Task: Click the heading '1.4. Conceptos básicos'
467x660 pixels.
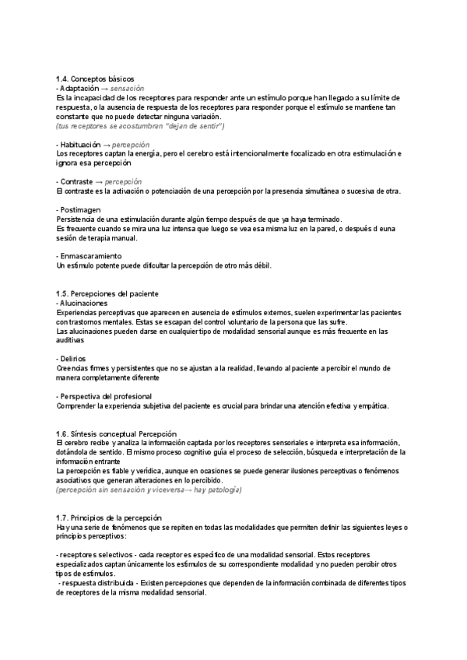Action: point(95,79)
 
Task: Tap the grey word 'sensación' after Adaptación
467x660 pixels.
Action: point(128,89)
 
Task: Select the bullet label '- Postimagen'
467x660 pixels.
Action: point(79,210)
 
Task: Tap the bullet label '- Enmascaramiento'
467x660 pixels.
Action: point(89,256)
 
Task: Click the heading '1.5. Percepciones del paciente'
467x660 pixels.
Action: point(107,293)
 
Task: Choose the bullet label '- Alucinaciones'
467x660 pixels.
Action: point(83,303)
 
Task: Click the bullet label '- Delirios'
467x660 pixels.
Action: point(72,358)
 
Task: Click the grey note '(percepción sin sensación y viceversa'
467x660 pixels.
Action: point(148,490)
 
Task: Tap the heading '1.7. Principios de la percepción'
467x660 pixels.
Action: point(109,518)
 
